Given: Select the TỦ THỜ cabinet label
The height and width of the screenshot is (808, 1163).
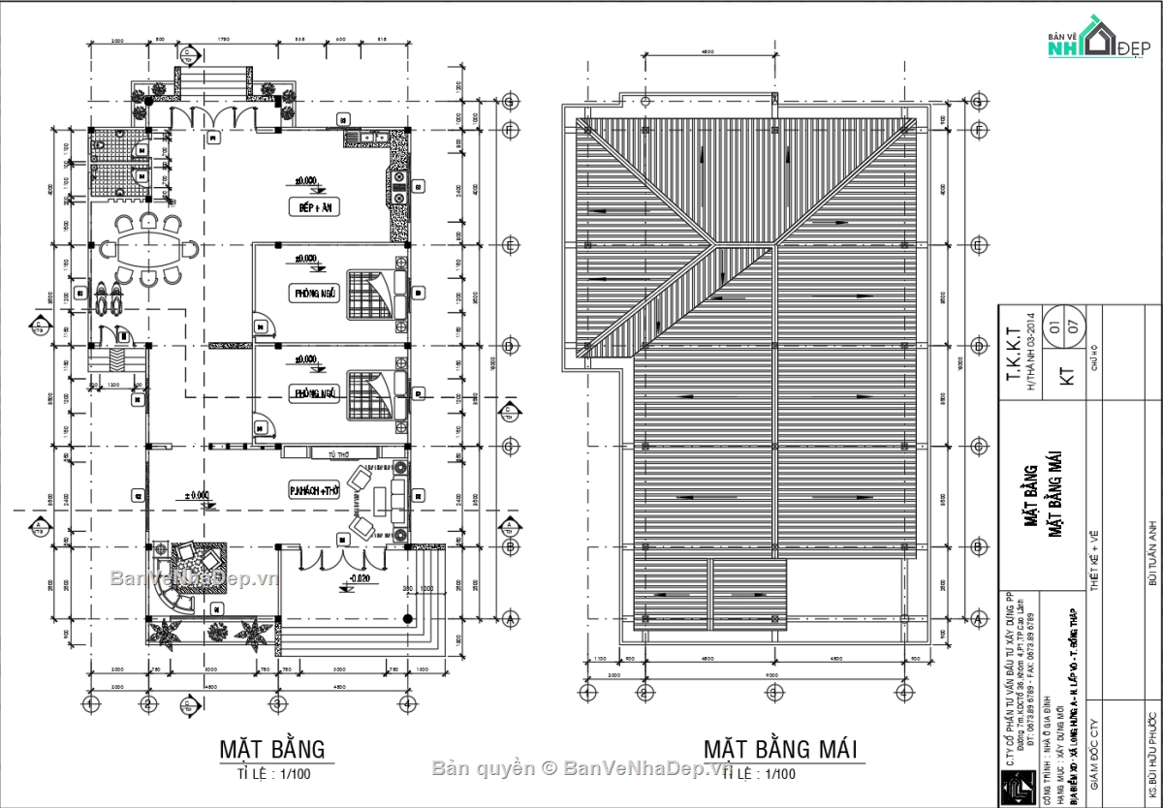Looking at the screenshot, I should pyautogui.click(x=338, y=453).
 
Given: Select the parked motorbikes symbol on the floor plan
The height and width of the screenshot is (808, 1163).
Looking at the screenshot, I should pyautogui.click(x=106, y=295).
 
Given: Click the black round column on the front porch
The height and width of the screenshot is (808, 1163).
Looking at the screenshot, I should pyautogui.click(x=407, y=617).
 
